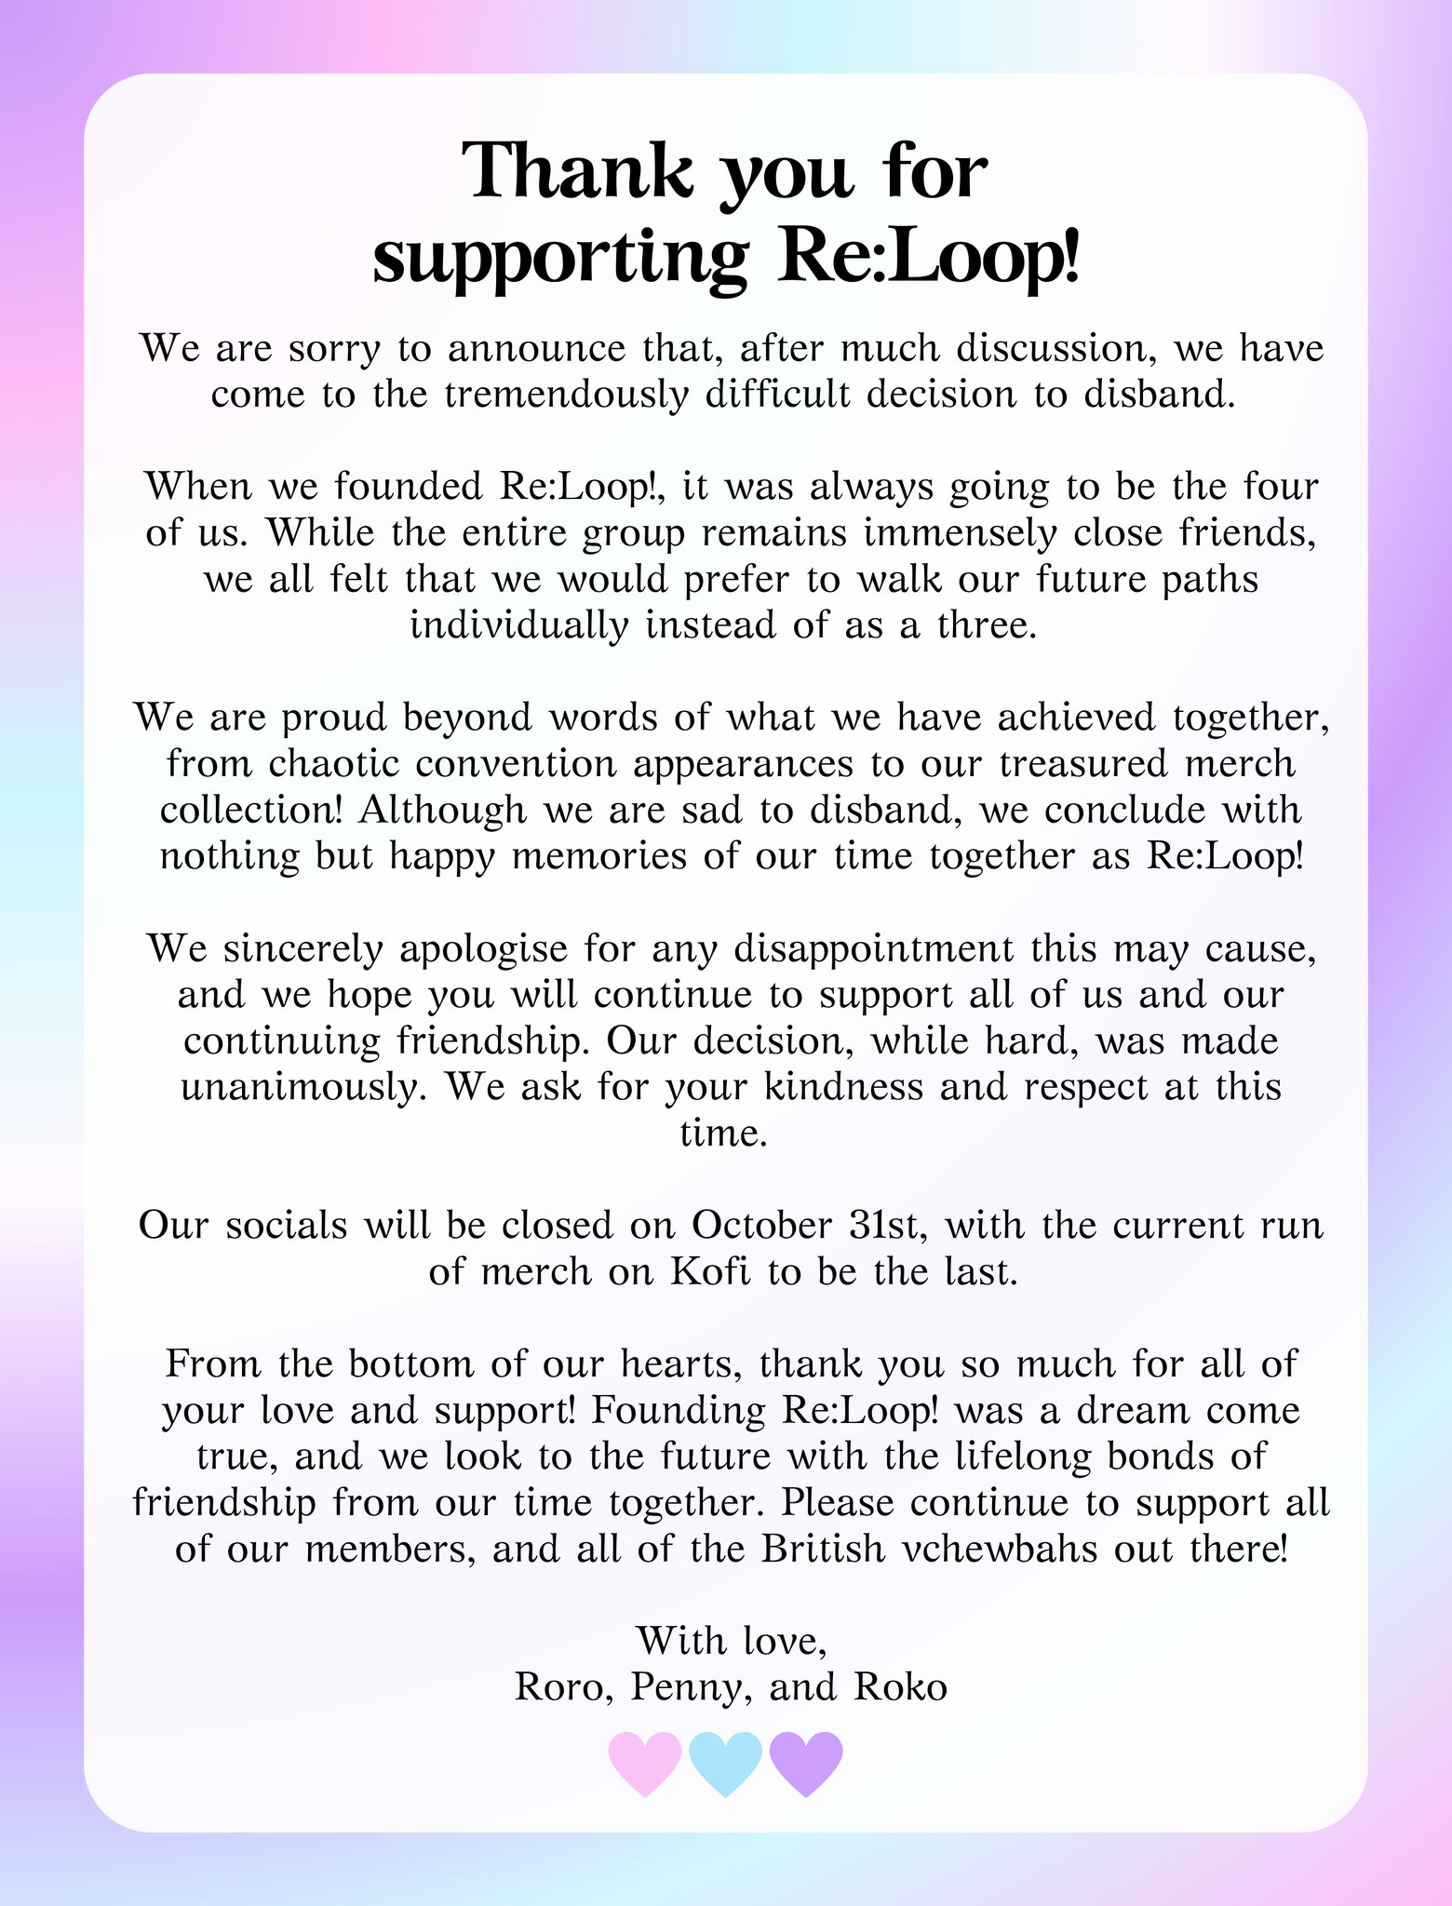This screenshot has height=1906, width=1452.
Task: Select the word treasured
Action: pos(1084,763)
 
